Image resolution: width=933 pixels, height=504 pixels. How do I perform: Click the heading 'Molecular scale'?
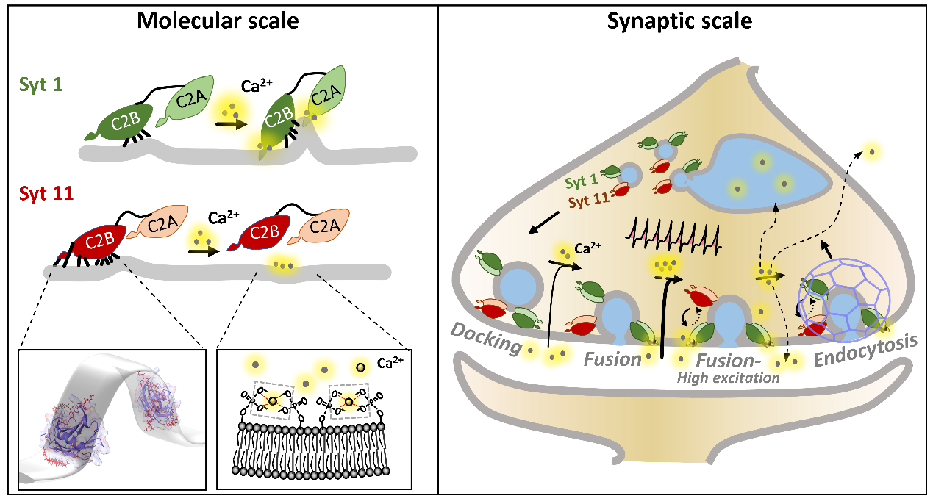click(x=218, y=21)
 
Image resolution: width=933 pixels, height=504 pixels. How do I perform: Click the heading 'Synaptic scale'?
click(x=679, y=21)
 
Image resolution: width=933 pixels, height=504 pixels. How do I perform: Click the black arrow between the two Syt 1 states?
click(x=231, y=124)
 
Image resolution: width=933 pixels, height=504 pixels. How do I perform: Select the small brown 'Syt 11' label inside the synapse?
click(x=585, y=198)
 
